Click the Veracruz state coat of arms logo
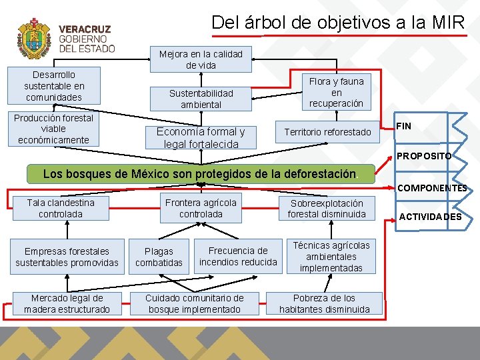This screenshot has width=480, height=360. pos(33,39)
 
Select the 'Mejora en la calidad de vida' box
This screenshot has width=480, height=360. pos(201,59)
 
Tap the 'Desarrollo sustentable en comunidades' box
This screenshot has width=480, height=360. pos(54,86)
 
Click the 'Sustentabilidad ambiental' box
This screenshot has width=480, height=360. pos(201,99)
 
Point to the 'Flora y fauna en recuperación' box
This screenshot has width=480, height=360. pos(336,92)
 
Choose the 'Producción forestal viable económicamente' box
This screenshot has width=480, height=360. pos(54,129)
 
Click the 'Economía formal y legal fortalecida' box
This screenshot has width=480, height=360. pos(201,137)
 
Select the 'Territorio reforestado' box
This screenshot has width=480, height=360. pos(327,132)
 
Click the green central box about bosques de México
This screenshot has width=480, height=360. pos(200,174)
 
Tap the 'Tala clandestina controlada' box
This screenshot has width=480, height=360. pos(61,208)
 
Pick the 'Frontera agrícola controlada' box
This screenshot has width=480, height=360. pos(201,208)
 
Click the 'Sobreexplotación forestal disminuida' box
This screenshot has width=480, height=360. pos(327,209)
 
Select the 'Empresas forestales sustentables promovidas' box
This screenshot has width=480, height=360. pos(67,257)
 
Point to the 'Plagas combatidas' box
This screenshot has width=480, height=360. pos(159,257)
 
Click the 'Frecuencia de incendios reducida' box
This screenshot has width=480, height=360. pos(238,256)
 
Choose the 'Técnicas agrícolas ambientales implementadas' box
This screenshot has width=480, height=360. pos(331,257)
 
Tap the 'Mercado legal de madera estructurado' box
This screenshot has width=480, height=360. pos(67,303)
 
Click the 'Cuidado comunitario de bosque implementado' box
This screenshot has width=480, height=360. pos(195,303)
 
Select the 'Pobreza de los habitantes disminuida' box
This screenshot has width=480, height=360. pos(325,303)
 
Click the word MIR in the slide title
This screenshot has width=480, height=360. pos(447,22)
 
